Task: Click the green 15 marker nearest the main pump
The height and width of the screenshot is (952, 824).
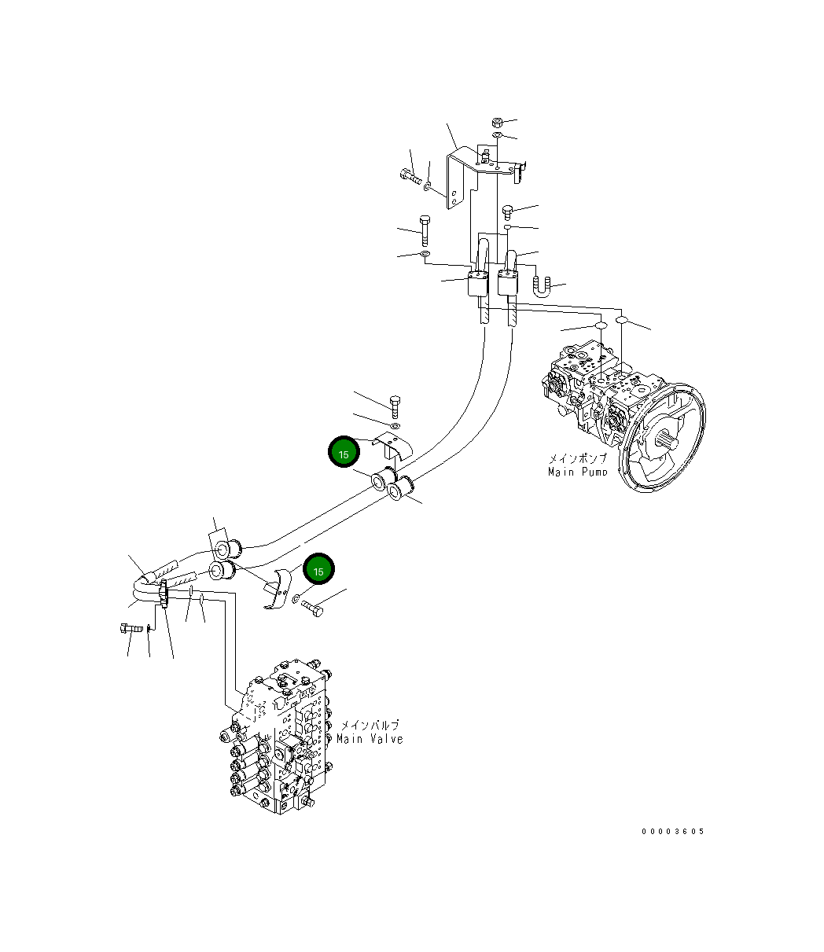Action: click(x=344, y=453)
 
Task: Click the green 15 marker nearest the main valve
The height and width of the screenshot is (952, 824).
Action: click(x=318, y=570)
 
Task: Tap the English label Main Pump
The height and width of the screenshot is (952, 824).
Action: click(x=577, y=472)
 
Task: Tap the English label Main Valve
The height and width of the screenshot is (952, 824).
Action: click(x=370, y=739)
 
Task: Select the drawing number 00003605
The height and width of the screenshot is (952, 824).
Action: click(x=672, y=831)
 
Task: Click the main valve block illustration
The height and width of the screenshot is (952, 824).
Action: click(x=275, y=739)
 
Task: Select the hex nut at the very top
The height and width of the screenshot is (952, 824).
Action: click(x=497, y=123)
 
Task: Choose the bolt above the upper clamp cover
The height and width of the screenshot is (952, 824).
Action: click(x=395, y=406)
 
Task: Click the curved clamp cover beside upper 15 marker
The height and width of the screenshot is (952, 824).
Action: click(x=388, y=444)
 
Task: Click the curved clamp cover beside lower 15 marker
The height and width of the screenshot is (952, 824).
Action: click(x=275, y=590)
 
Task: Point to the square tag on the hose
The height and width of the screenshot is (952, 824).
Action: click(x=217, y=541)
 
